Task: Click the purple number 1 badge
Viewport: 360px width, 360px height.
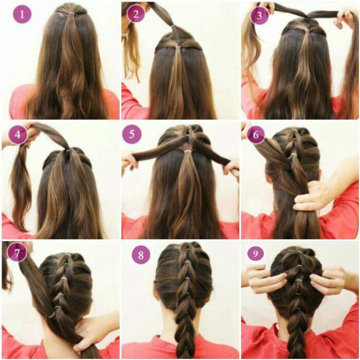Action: coord(22,14)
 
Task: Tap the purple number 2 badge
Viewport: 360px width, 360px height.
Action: coord(136,14)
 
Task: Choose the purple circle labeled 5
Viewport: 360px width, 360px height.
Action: coord(132,134)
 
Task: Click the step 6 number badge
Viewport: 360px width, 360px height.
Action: coord(255,134)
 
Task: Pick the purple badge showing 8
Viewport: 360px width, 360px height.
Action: coord(140,254)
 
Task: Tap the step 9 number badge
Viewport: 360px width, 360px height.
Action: coord(255,253)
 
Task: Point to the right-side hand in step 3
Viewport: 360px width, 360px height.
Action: coord(344,19)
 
